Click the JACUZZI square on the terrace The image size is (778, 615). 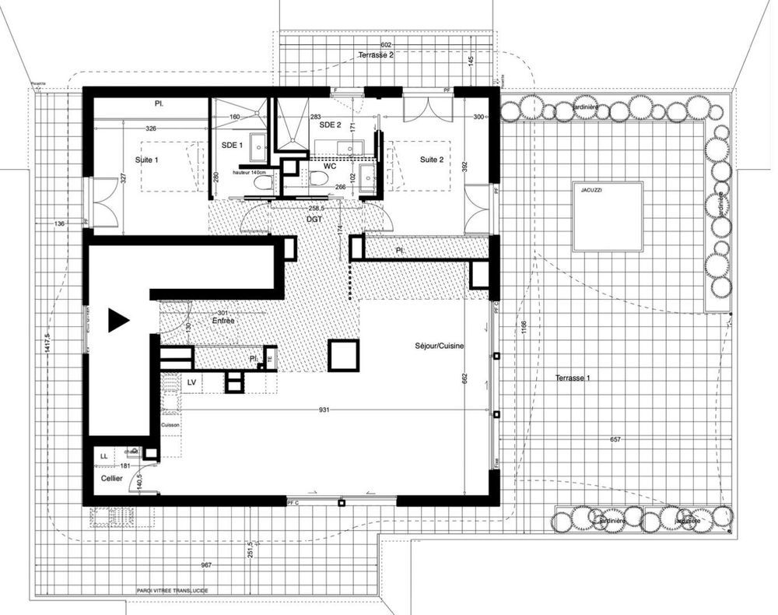pyautogui.click(x=608, y=216)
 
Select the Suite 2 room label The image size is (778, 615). pyautogui.click(x=432, y=160)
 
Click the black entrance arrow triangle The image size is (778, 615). pyautogui.click(x=117, y=320)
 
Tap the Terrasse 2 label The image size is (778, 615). pyautogui.click(x=376, y=55)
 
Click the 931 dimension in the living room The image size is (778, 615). pyautogui.click(x=325, y=409)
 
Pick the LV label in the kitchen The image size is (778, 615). pyautogui.click(x=191, y=381)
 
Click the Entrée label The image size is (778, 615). pyautogui.click(x=223, y=320)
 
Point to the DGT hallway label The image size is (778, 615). pyautogui.click(x=314, y=220)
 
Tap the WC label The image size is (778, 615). pyautogui.click(x=330, y=166)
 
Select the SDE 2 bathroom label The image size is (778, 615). pyautogui.click(x=331, y=125)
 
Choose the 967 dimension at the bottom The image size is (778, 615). pyautogui.click(x=207, y=564)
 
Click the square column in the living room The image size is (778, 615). pyautogui.click(x=342, y=354)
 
